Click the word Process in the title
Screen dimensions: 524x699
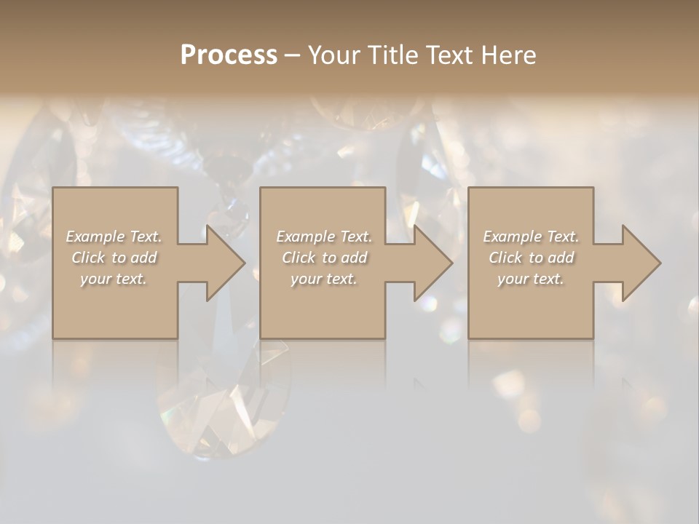point(229,55)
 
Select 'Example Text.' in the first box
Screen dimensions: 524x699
point(114,237)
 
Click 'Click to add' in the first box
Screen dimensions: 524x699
point(114,258)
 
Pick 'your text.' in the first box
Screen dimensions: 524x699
point(114,279)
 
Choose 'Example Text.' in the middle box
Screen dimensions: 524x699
point(323,237)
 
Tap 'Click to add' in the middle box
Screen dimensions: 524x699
point(323,258)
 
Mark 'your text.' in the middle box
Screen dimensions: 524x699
point(323,279)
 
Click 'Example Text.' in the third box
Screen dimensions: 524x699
point(531,237)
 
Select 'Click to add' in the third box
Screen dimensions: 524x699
point(531,258)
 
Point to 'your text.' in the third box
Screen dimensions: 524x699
point(531,279)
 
